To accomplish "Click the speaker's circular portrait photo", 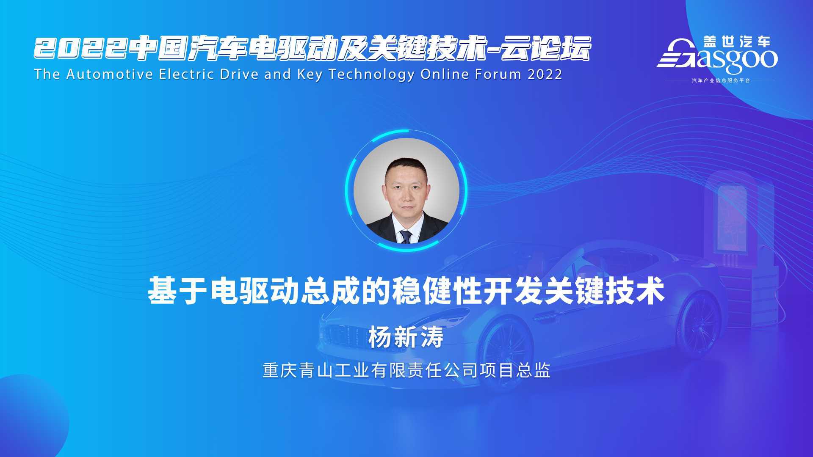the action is (x=406, y=191).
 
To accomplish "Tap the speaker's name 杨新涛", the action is (x=406, y=338).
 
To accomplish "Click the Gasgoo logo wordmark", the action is (x=717, y=57).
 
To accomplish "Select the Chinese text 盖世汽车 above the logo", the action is (x=736, y=41).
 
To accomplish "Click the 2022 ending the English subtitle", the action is (x=545, y=74).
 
